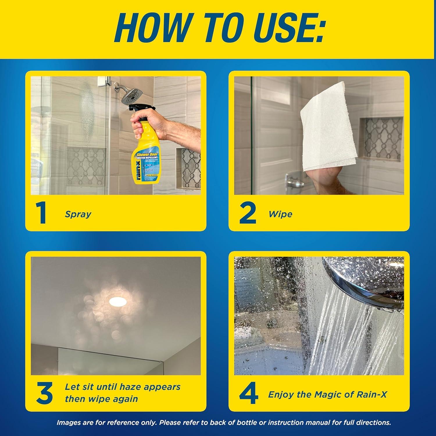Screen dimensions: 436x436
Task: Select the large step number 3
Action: pyautogui.click(x=44, y=394)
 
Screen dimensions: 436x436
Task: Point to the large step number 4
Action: pyautogui.click(x=249, y=394)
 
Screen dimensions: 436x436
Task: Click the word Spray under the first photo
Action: pyautogui.click(x=78, y=215)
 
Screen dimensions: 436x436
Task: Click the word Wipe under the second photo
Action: pyautogui.click(x=280, y=215)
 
